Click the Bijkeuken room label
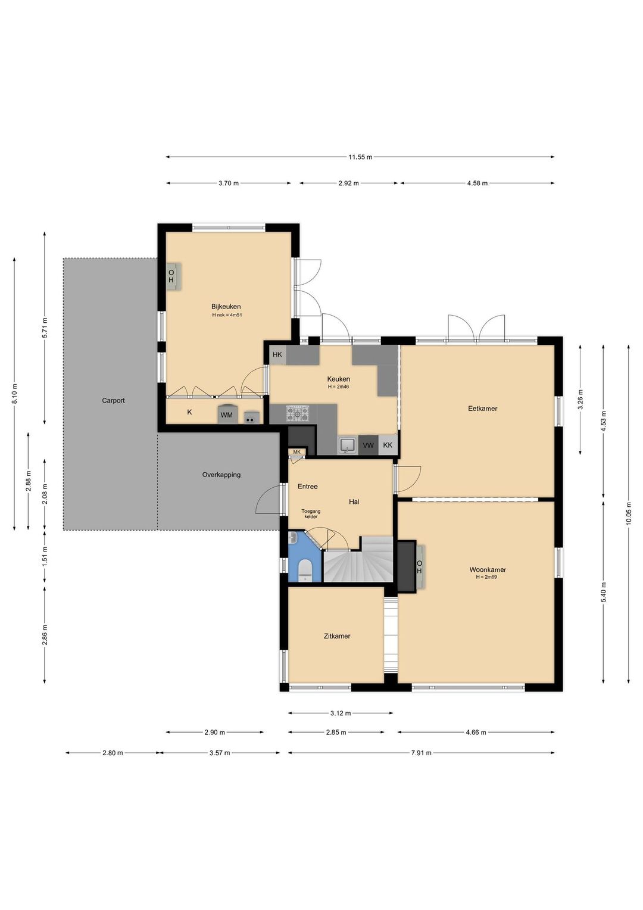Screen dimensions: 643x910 (226, 307)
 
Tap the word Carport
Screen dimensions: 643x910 (113, 401)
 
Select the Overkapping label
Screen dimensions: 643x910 (221, 475)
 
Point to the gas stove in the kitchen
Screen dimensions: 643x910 (298, 413)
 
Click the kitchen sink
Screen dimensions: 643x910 (347, 445)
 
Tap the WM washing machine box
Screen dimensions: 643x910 (226, 414)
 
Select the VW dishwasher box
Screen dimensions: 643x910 (368, 445)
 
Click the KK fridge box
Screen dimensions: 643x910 (388, 445)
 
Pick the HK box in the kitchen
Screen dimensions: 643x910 (277, 355)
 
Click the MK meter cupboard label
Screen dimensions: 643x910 (297, 452)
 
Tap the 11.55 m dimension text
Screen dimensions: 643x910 (360, 157)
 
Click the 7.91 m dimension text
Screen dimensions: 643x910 (421, 753)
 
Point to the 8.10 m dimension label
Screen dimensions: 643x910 (15, 394)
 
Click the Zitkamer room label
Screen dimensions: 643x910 (337, 636)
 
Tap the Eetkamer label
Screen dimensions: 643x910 (483, 409)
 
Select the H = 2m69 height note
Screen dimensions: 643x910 (486, 577)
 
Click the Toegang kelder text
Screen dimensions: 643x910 (311, 514)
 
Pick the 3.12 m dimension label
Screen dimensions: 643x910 (341, 712)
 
